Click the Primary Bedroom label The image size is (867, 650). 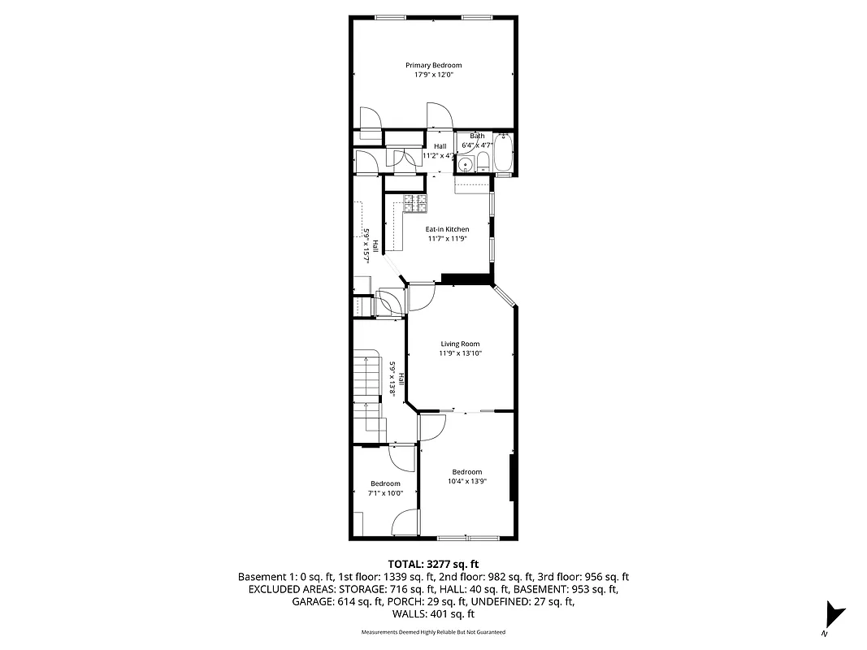pyautogui.click(x=434, y=65)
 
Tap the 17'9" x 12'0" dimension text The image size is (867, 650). pyautogui.click(x=434, y=75)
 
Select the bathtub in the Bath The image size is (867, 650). pyautogui.click(x=503, y=154)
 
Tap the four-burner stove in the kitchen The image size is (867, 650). pyautogui.click(x=415, y=203)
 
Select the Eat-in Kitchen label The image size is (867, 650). pyautogui.click(x=448, y=229)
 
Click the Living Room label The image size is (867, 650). pyautogui.click(x=460, y=344)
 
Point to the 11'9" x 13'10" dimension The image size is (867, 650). pyautogui.click(x=460, y=353)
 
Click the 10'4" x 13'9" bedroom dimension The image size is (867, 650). pyautogui.click(x=466, y=481)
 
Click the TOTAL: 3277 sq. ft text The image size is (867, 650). pyautogui.click(x=433, y=563)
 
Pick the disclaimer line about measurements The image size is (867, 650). pyautogui.click(x=433, y=632)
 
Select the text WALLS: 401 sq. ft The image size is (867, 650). pyautogui.click(x=433, y=615)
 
